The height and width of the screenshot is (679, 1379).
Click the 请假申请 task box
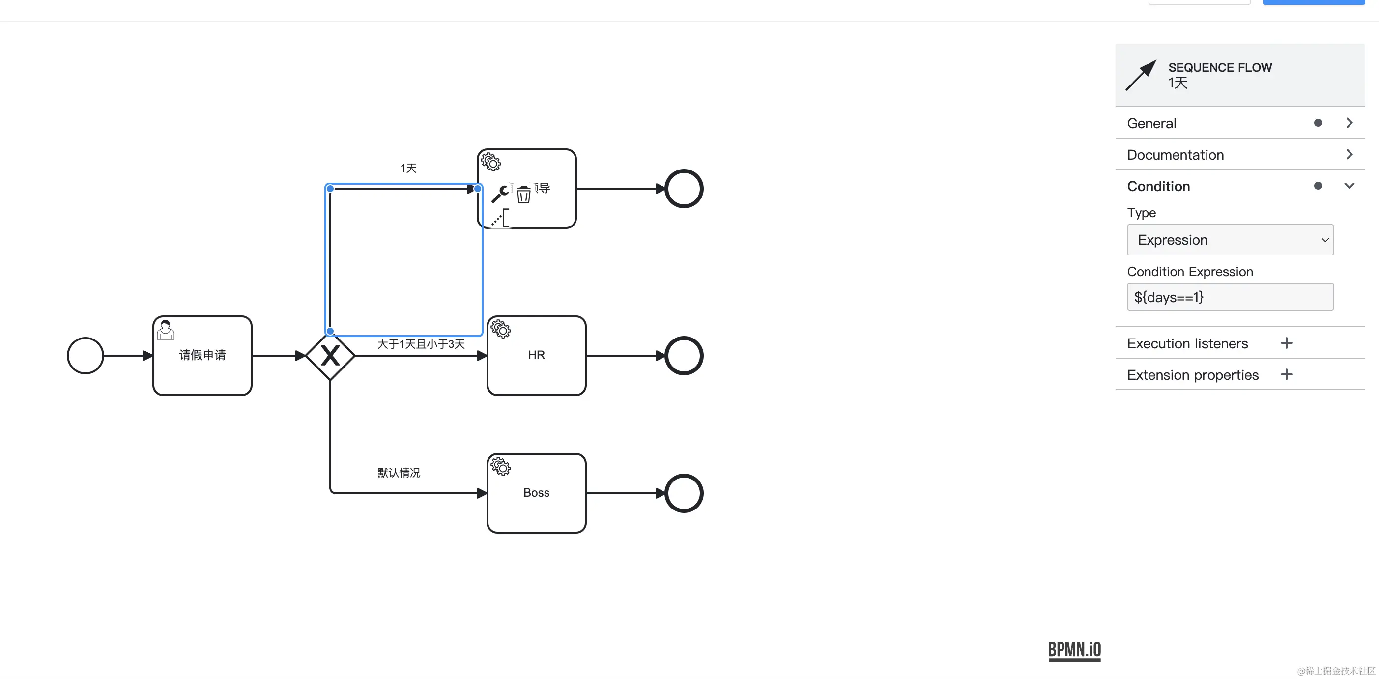point(202,355)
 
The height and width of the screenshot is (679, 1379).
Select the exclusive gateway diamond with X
point(330,355)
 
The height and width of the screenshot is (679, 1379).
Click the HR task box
point(536,355)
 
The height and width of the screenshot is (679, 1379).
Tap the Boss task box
point(536,493)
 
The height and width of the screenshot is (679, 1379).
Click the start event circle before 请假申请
point(85,355)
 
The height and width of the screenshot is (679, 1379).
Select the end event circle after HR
point(684,355)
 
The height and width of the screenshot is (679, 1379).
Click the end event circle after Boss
point(684,493)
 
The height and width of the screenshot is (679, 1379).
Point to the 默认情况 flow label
point(399,473)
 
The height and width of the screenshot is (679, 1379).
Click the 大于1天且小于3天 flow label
point(421,343)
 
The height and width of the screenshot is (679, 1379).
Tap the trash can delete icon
point(523,194)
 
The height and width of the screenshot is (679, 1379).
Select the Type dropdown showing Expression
point(1230,240)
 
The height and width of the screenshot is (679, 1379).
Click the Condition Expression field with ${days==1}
point(1230,297)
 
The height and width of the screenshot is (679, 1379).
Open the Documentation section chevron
point(1349,155)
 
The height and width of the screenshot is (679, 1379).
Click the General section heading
point(1151,124)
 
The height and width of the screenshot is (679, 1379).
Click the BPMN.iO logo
point(1074,650)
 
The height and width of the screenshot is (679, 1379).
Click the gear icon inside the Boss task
point(500,467)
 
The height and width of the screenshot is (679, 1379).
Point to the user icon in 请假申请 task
point(166,330)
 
